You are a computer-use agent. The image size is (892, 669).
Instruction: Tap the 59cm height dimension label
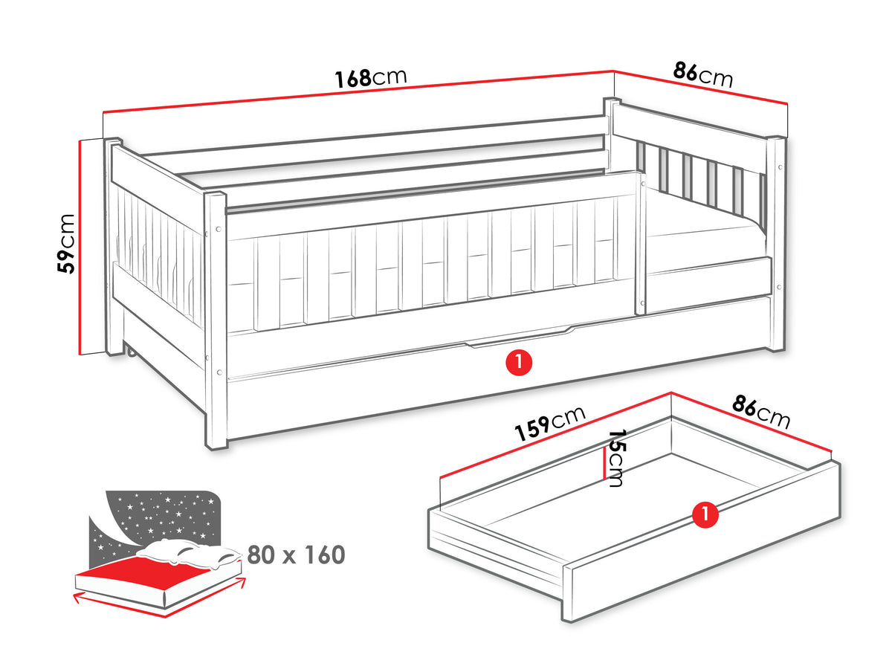(x=66, y=243)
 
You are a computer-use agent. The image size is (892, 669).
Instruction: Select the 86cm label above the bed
(x=703, y=75)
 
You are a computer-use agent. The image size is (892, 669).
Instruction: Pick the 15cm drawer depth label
(x=615, y=458)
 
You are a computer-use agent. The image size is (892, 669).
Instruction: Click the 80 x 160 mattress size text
(x=296, y=555)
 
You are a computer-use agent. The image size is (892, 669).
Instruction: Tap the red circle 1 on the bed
(x=519, y=362)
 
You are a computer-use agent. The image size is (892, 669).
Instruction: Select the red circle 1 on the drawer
(x=705, y=514)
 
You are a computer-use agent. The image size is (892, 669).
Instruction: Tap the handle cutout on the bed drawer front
(x=520, y=338)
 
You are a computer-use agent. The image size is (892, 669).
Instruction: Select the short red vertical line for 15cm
(x=604, y=466)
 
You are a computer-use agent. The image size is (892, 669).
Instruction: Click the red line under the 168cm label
(x=358, y=91)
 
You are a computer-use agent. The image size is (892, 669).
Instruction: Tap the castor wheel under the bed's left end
(x=132, y=352)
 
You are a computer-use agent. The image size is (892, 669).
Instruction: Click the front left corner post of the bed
(x=216, y=321)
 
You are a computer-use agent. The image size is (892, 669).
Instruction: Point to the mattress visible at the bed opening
(x=706, y=240)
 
